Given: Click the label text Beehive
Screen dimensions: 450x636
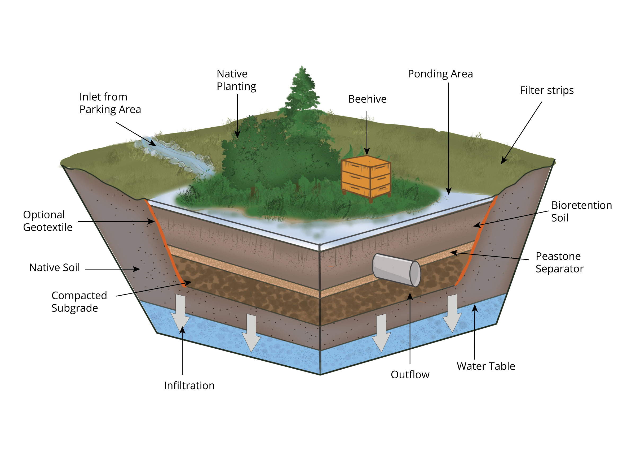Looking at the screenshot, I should (x=367, y=99).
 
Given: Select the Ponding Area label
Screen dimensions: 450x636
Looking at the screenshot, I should (x=440, y=74).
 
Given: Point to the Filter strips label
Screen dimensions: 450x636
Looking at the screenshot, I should (x=546, y=90).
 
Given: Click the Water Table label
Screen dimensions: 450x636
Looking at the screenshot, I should (x=486, y=366).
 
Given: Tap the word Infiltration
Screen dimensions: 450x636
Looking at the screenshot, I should (x=189, y=386).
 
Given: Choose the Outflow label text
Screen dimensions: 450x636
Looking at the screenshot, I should (x=410, y=374).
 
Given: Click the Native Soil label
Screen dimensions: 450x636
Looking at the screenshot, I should (x=54, y=267).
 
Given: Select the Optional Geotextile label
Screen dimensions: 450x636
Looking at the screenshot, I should (x=47, y=221).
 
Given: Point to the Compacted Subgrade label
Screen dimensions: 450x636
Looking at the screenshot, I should (x=79, y=302).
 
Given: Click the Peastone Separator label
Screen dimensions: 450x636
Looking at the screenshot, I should (x=559, y=262).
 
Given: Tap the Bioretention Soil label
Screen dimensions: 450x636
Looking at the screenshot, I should (x=581, y=211).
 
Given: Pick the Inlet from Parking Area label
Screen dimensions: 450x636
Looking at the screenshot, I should (x=110, y=103).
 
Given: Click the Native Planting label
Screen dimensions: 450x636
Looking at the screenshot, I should (x=236, y=80).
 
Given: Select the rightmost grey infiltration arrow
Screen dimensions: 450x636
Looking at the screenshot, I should (x=452, y=313).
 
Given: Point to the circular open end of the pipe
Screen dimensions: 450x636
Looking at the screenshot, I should (x=415, y=273).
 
